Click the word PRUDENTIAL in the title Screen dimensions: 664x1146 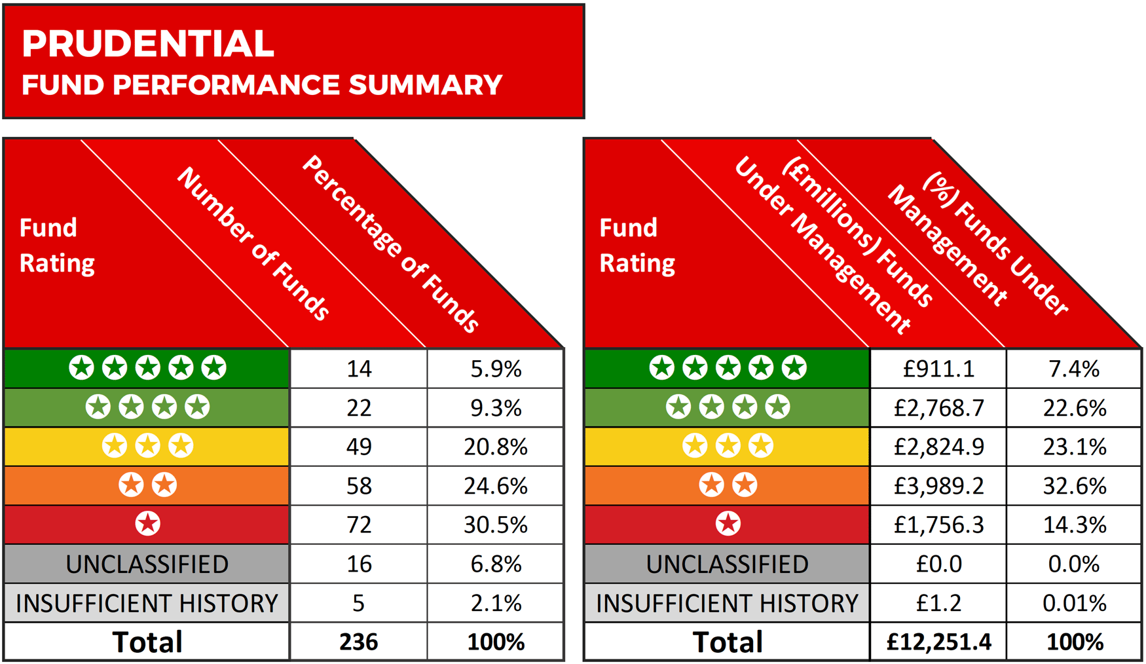click(148, 44)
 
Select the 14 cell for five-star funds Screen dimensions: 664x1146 click(359, 369)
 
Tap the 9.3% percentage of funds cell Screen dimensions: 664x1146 click(496, 408)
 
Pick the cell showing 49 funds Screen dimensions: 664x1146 click(359, 447)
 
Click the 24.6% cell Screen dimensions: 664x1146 click(496, 486)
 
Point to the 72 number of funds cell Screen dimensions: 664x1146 click(359, 525)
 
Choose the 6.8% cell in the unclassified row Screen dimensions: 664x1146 click(496, 564)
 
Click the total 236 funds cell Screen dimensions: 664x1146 click(359, 642)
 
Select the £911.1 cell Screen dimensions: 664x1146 click(938, 369)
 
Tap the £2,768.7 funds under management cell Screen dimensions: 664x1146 click(938, 408)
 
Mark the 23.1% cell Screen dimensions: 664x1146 click(1075, 447)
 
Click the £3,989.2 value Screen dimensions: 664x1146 click(938, 486)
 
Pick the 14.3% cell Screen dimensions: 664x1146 click(1075, 525)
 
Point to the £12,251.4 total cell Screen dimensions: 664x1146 click(938, 642)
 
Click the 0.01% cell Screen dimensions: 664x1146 click(1075, 603)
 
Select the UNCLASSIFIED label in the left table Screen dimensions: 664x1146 click(147, 564)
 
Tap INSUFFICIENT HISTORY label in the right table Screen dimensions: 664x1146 click(727, 603)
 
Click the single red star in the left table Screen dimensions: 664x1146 click(147, 524)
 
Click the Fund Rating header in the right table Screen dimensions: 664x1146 click(637, 245)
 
